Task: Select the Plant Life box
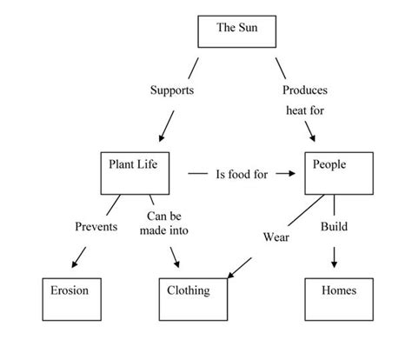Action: tap(132, 172)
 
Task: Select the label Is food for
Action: tap(242, 173)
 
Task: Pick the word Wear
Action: tap(276, 236)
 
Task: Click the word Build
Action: tap(334, 227)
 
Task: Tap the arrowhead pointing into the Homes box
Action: tap(334, 263)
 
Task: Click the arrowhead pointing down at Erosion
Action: tap(75, 263)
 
